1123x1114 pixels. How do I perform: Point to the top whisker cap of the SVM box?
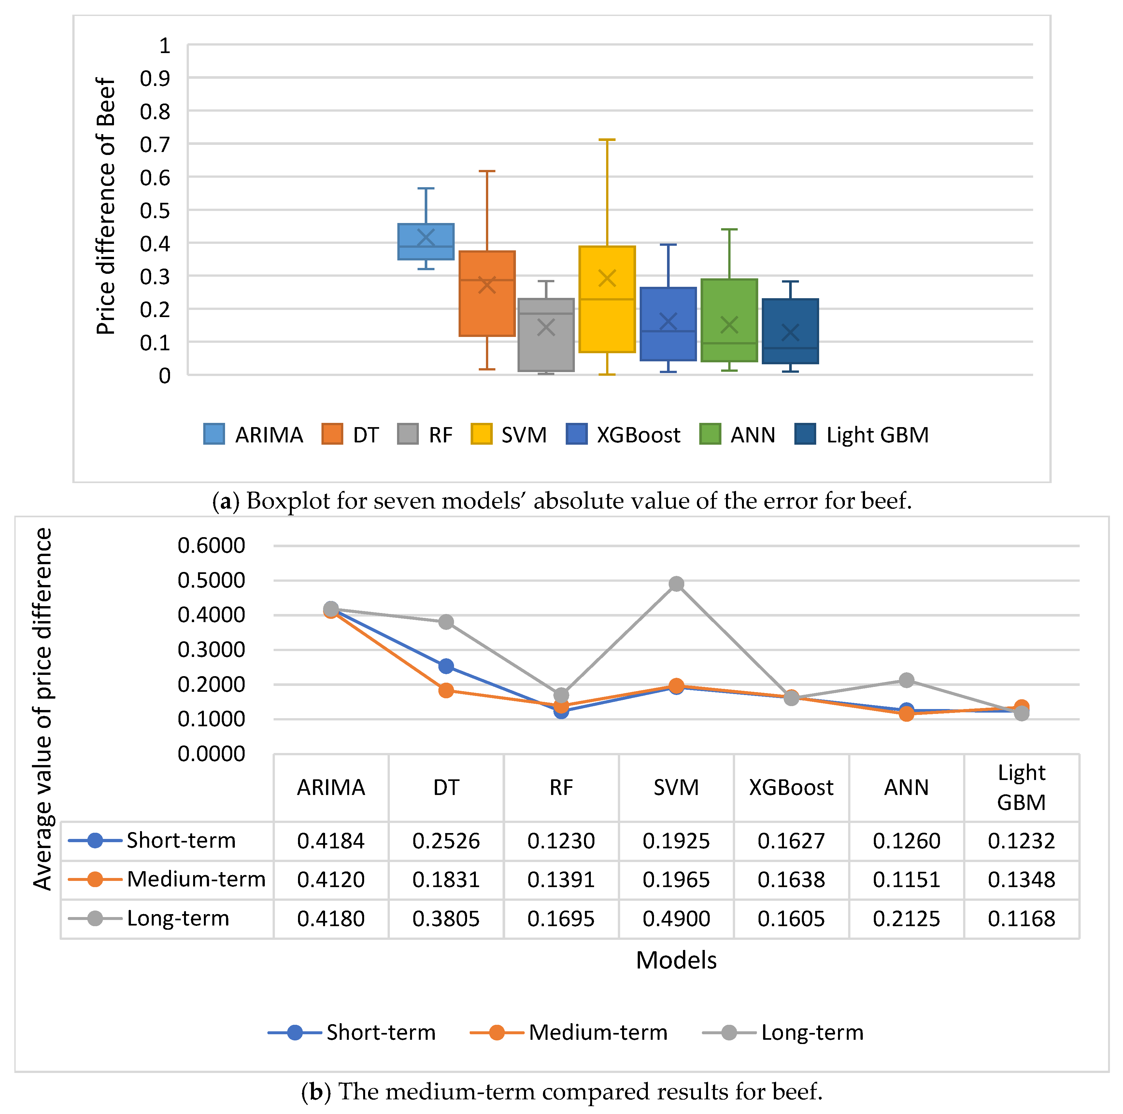click(607, 140)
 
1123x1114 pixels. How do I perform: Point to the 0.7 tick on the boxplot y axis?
click(155, 145)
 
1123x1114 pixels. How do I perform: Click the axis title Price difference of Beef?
click(106, 206)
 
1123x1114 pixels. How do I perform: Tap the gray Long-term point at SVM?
click(676, 583)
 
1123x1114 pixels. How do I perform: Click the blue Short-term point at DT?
click(446, 666)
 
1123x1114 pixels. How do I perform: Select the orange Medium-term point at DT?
click(446, 690)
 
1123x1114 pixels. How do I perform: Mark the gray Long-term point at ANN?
click(906, 680)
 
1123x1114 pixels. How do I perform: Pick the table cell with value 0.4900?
click(676, 918)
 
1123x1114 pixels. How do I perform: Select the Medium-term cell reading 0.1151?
click(906, 879)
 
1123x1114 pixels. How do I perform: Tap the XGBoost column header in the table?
click(791, 787)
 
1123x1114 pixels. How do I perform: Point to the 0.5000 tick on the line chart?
click(212, 580)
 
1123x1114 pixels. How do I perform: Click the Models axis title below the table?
click(676, 960)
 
